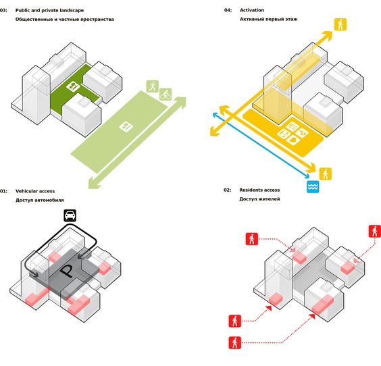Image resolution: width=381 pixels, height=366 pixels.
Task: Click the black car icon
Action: [x=70, y=215]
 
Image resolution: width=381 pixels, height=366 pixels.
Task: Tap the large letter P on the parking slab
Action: [x=67, y=271]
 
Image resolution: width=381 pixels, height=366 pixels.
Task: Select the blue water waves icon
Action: [x=313, y=187]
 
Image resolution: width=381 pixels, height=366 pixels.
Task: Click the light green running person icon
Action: [x=153, y=86]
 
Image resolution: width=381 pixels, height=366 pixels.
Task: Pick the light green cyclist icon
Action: [x=166, y=95]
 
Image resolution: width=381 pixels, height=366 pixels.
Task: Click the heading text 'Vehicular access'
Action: [x=35, y=191]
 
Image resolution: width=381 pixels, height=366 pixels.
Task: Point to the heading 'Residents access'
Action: [x=259, y=190]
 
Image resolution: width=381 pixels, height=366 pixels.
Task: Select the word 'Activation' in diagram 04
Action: [x=252, y=10]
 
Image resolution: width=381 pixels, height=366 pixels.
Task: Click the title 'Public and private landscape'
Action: [x=49, y=10]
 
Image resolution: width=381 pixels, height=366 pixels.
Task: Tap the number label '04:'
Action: [x=228, y=10]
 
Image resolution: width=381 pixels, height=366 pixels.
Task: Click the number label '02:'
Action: [x=228, y=190]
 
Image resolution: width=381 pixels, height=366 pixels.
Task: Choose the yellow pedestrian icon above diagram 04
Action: [x=340, y=24]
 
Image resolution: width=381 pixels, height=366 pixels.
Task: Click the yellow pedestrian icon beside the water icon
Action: [x=326, y=174]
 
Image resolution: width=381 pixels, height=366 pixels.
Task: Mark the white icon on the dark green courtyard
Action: [x=73, y=86]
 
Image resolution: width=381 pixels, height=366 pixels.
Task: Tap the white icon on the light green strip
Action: [x=126, y=126]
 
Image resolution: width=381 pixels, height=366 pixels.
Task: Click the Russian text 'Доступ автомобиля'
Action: [x=40, y=200]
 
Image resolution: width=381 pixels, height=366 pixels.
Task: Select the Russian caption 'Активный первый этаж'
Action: [x=268, y=19]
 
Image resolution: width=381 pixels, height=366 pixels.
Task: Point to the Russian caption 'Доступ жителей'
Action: [x=260, y=199]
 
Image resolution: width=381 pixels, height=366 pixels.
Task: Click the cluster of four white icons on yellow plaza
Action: [x=293, y=134]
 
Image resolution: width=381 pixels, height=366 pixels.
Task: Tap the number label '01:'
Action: [x=3, y=191]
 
